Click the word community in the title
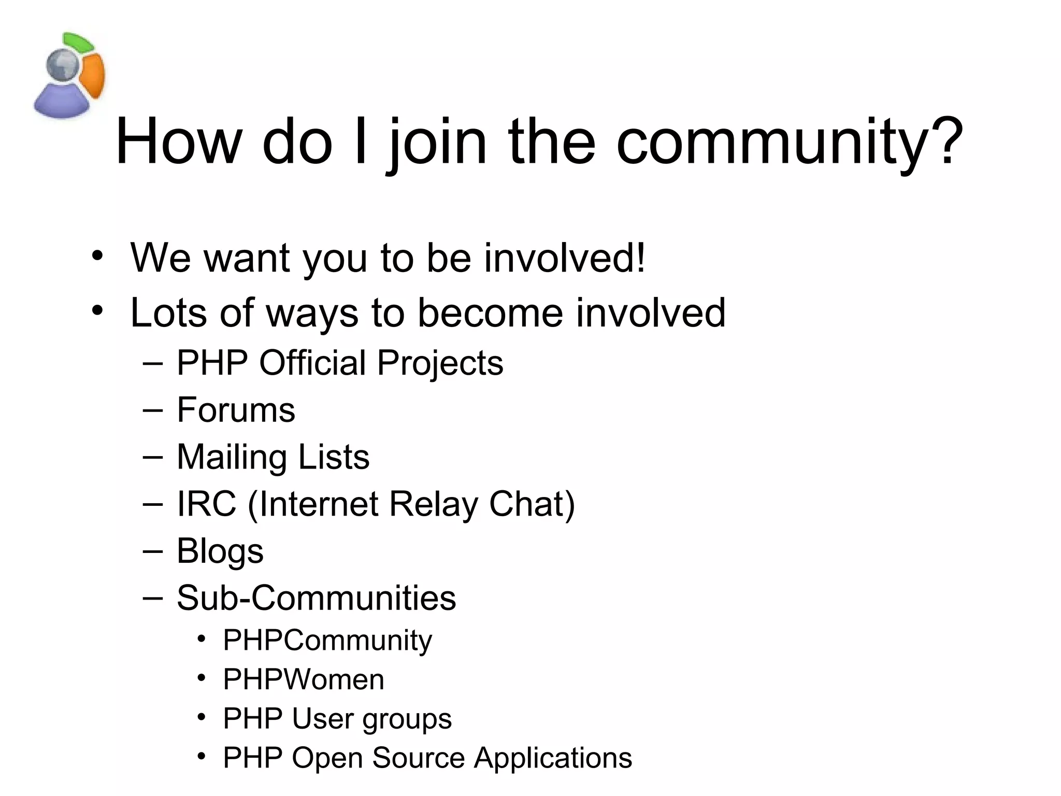(771, 143)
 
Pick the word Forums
(236, 410)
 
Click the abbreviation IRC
(206, 504)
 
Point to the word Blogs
(220, 551)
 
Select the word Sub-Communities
(316, 598)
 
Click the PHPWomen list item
(304, 679)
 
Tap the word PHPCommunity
(327, 641)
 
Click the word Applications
(553, 758)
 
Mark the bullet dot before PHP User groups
(202, 718)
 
